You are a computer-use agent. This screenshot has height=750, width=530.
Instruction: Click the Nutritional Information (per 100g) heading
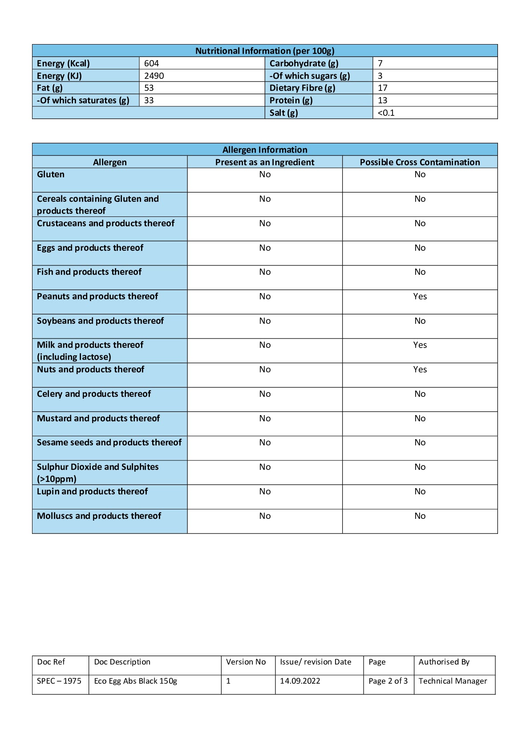(265, 51)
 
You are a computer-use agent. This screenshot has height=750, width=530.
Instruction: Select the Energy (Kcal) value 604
(151, 63)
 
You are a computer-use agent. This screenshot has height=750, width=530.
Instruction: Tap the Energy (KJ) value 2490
(154, 76)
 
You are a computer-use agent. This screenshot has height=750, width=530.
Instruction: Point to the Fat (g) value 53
(149, 88)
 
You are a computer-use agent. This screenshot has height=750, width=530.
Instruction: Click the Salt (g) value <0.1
(386, 113)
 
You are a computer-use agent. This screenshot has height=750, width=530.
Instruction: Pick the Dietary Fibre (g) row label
(302, 88)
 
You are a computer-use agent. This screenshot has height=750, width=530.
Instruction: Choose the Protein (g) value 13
(382, 100)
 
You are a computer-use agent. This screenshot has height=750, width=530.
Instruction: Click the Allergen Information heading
(265, 150)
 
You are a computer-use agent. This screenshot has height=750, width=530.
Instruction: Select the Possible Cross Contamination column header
(420, 162)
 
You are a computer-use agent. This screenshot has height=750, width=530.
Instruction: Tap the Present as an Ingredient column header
(265, 162)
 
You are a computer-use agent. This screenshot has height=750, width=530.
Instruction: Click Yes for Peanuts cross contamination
(420, 297)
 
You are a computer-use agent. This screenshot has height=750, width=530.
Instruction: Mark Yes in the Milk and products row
(420, 345)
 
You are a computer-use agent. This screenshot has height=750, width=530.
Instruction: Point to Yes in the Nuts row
(420, 370)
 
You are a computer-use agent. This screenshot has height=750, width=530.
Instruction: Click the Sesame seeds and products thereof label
(109, 443)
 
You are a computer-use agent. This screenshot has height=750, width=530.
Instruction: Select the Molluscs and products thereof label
(99, 516)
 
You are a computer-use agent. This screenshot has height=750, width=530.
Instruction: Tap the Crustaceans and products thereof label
(105, 224)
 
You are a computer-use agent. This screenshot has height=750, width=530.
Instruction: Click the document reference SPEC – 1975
(59, 681)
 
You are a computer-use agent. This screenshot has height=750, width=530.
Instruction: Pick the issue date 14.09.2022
(300, 681)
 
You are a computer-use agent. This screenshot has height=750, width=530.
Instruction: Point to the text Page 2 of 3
(388, 681)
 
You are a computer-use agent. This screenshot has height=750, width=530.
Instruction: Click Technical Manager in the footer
(453, 681)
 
